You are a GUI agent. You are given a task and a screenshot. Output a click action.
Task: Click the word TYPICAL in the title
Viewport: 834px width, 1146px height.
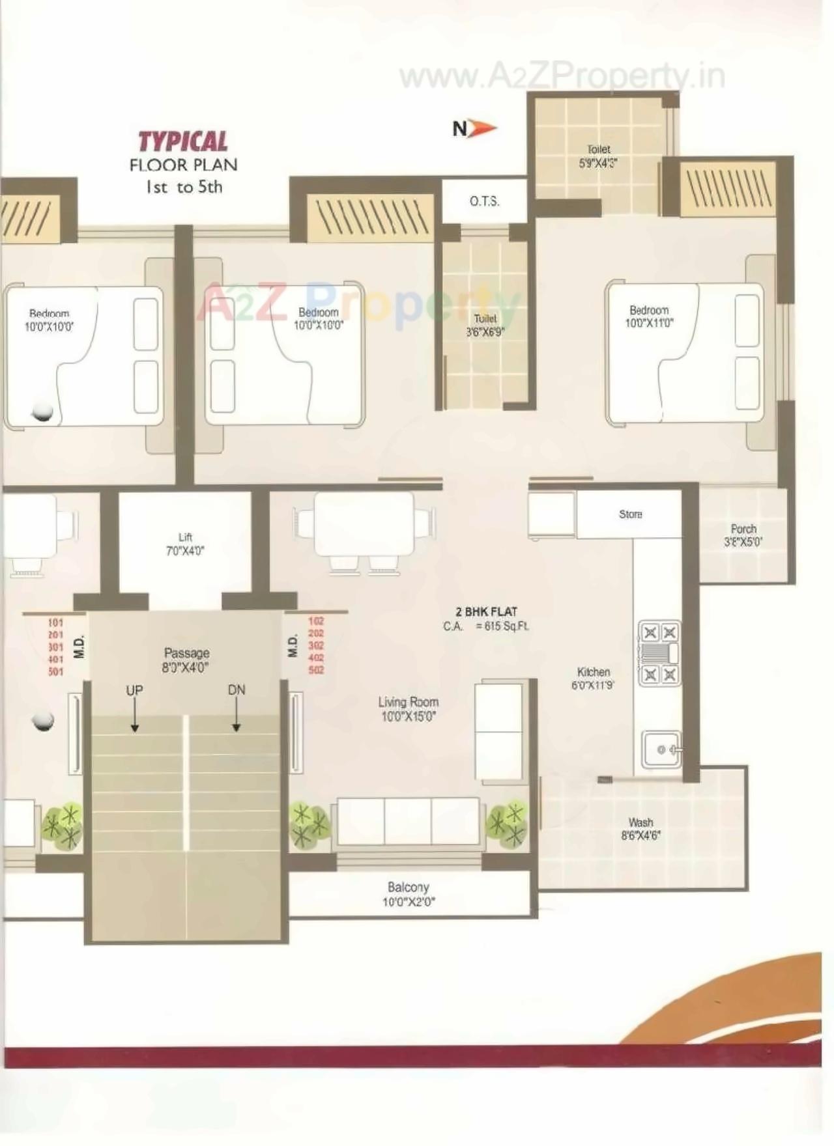(x=183, y=142)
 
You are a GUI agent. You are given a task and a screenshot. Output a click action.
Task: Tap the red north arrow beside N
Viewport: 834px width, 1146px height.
(x=483, y=128)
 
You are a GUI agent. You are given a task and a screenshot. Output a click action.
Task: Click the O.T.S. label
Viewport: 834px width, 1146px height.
(x=484, y=201)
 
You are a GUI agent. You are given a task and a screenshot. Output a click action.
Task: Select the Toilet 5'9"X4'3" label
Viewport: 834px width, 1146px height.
(x=598, y=156)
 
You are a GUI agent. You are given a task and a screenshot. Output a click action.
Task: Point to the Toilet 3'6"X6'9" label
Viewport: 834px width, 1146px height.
(x=485, y=325)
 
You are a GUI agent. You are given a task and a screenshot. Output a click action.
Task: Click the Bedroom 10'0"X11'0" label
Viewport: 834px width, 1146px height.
(x=649, y=316)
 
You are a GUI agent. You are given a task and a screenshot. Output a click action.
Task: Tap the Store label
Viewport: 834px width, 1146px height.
(x=630, y=514)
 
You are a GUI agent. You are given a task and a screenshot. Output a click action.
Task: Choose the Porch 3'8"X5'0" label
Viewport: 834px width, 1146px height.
(x=743, y=535)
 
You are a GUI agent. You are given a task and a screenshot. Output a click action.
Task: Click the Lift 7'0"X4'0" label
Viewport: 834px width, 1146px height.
(x=185, y=544)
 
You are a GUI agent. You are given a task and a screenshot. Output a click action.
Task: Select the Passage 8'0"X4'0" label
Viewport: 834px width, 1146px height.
(x=186, y=660)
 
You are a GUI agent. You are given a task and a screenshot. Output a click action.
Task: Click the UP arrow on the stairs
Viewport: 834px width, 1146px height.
(x=134, y=716)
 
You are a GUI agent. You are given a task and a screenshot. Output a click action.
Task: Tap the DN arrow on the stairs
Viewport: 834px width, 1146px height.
(x=237, y=716)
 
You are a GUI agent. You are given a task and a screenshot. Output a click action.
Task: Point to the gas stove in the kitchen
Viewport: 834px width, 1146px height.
(x=659, y=653)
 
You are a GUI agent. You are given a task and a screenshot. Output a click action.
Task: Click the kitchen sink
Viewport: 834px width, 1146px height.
(x=661, y=749)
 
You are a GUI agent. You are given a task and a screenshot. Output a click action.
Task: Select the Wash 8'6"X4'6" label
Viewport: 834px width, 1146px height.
(x=640, y=829)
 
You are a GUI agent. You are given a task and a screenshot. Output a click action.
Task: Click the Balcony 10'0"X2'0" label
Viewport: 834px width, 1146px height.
(x=409, y=894)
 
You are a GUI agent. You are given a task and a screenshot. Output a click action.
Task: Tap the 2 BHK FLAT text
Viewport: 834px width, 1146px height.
(x=486, y=612)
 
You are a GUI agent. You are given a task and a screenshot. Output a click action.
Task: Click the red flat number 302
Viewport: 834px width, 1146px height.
(x=316, y=645)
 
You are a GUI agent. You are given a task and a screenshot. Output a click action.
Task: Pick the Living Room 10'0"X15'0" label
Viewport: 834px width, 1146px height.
(x=409, y=709)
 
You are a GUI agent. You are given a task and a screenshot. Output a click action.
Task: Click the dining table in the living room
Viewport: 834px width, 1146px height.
(x=364, y=524)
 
